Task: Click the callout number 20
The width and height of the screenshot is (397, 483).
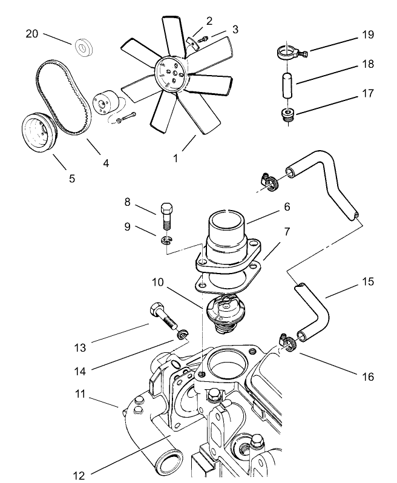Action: (31, 34)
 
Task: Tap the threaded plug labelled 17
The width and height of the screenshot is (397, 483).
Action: (287, 114)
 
